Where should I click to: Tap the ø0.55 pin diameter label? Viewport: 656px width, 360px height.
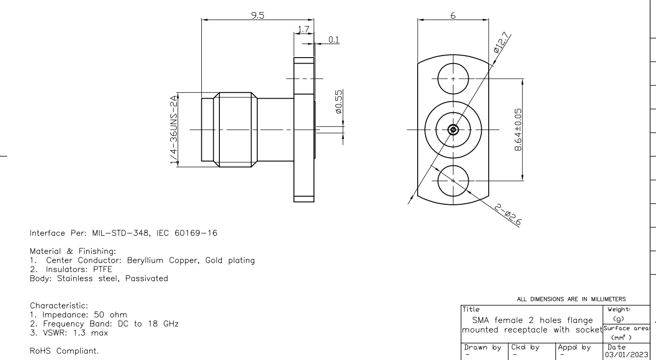coord(339,102)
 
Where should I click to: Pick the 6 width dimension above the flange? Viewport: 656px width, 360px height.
coord(453,16)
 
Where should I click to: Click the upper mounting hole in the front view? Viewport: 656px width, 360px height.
coord(453,79)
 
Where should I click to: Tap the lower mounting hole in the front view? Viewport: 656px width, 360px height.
coord(453,180)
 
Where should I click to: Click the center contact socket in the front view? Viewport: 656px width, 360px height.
coord(453,130)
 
